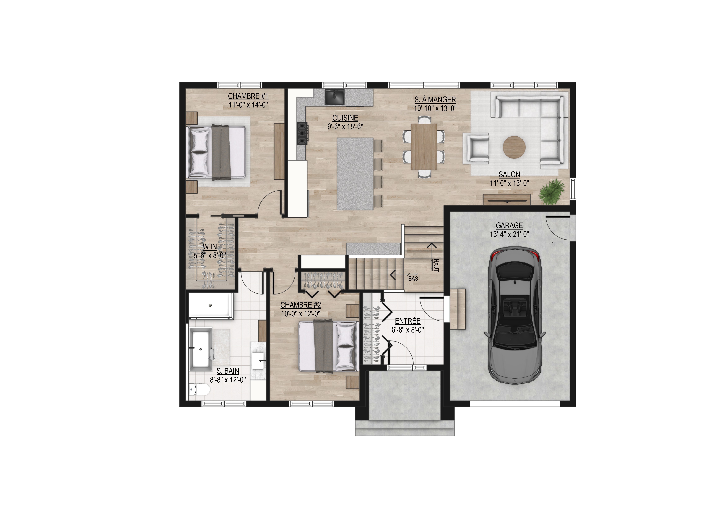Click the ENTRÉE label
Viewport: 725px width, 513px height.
(x=408, y=321)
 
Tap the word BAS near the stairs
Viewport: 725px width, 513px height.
(x=413, y=279)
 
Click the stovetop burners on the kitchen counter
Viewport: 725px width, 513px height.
(x=302, y=133)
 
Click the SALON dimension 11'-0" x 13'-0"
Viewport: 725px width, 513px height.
(x=509, y=183)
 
